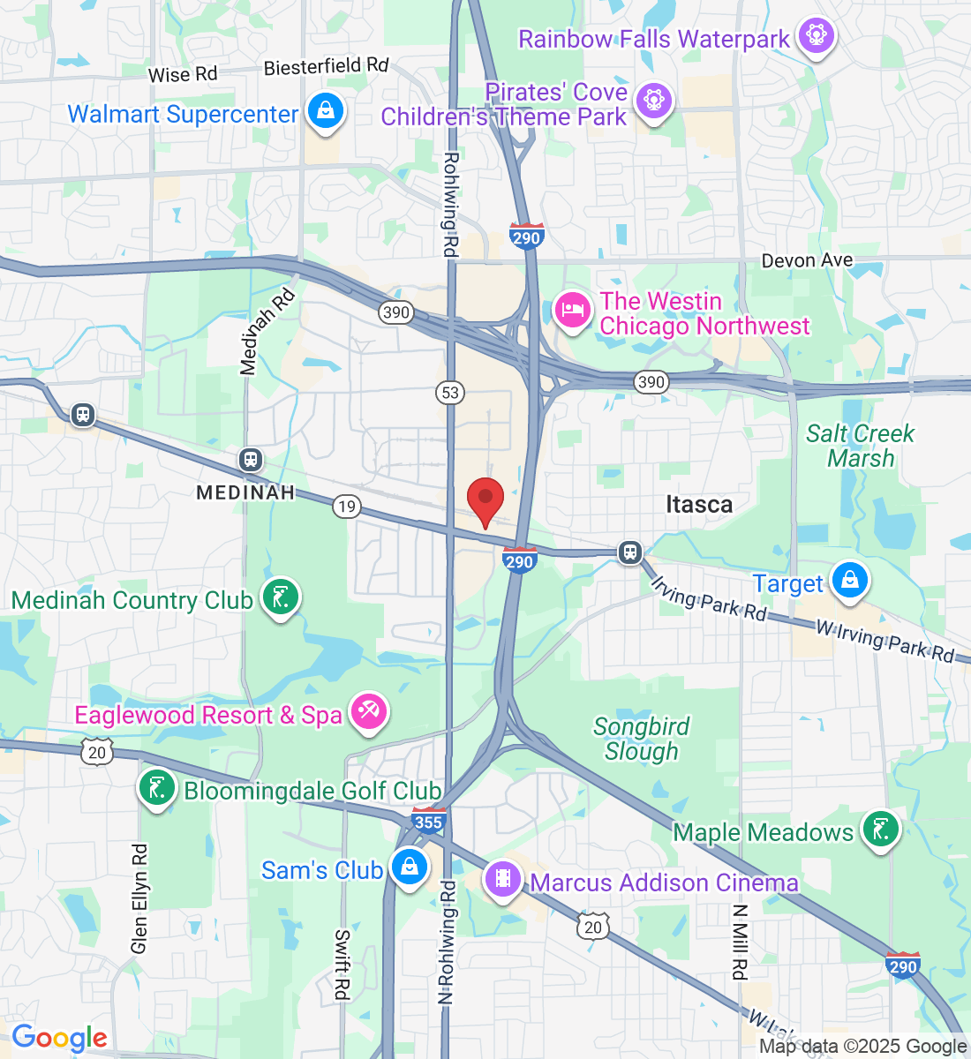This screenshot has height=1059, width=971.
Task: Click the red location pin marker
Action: click(x=485, y=500)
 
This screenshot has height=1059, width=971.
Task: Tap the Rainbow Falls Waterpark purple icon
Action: click(x=816, y=37)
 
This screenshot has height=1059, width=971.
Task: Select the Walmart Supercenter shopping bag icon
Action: click(x=326, y=112)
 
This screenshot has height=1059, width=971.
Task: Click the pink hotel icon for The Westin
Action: click(x=573, y=311)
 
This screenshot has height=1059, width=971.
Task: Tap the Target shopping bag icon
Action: click(x=849, y=582)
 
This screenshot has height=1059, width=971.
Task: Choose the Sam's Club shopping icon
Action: click(x=410, y=867)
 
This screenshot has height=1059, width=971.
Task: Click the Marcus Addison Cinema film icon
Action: click(x=503, y=879)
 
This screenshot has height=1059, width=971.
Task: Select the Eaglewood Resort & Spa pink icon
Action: click(x=369, y=712)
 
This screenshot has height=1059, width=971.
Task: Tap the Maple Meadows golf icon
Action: click(x=880, y=830)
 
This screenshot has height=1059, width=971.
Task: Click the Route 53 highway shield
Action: click(x=451, y=392)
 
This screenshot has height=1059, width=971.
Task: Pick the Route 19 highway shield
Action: click(x=347, y=506)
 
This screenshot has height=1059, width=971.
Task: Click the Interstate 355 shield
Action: click(x=428, y=821)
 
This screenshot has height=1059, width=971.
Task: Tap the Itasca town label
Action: click(x=698, y=505)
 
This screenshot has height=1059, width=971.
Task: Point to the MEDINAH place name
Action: click(x=245, y=492)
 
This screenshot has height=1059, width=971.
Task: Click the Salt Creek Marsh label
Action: click(x=861, y=446)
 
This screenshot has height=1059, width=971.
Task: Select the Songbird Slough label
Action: click(x=642, y=739)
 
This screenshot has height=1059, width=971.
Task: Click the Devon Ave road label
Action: click(x=807, y=260)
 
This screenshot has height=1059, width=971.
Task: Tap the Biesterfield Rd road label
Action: click(x=326, y=67)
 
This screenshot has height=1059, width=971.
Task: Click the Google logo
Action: click(x=59, y=1038)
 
